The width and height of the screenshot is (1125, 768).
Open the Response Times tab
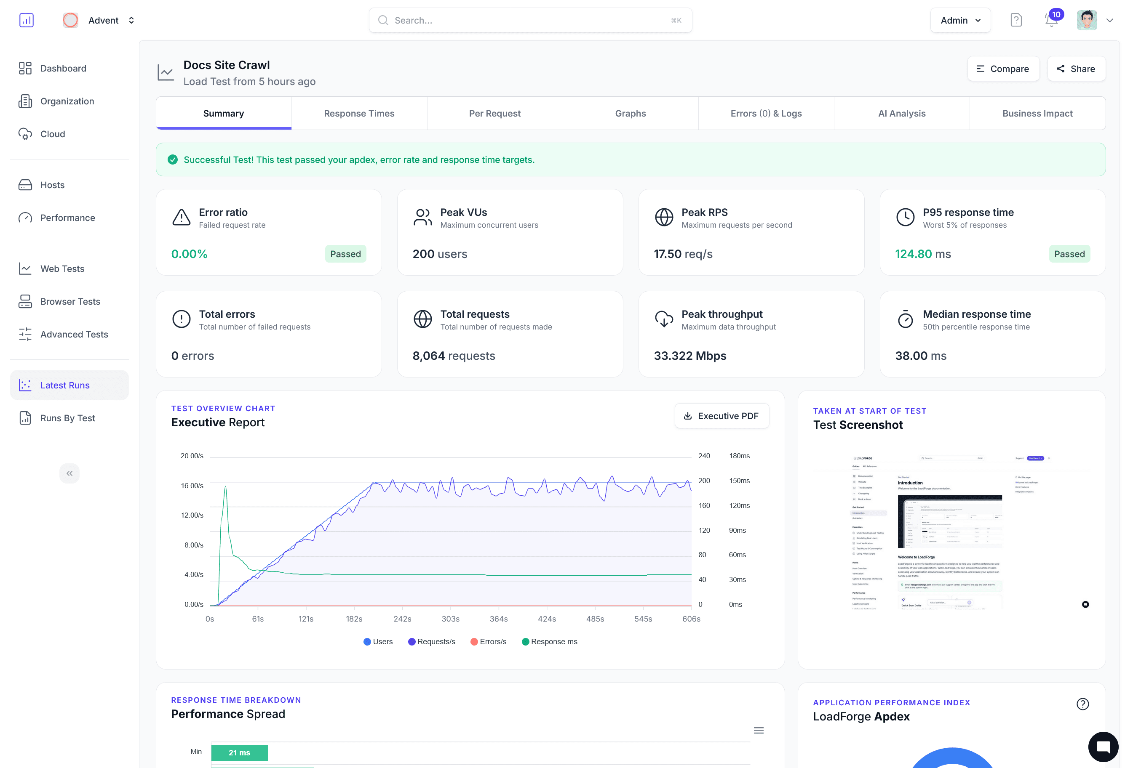click(359, 113)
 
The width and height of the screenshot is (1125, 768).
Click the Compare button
click(1003, 69)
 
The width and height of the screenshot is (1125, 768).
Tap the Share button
click(1076, 69)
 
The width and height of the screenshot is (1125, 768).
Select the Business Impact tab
click(1037, 113)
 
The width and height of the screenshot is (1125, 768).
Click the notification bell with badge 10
click(1051, 20)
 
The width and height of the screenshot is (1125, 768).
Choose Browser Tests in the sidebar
click(70, 301)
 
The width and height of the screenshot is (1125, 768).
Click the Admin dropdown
click(960, 20)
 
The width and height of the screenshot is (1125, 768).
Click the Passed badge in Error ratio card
click(345, 254)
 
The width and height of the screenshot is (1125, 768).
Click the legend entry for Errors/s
click(489, 641)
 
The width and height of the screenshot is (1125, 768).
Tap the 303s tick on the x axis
click(450, 619)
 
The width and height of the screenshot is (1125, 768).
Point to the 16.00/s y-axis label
click(192, 486)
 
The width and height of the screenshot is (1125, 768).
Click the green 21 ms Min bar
click(239, 752)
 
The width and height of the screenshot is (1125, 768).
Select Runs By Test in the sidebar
click(67, 418)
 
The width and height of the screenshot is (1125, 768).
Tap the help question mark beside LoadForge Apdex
click(1082, 704)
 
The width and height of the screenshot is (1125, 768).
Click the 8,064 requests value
click(453, 356)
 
